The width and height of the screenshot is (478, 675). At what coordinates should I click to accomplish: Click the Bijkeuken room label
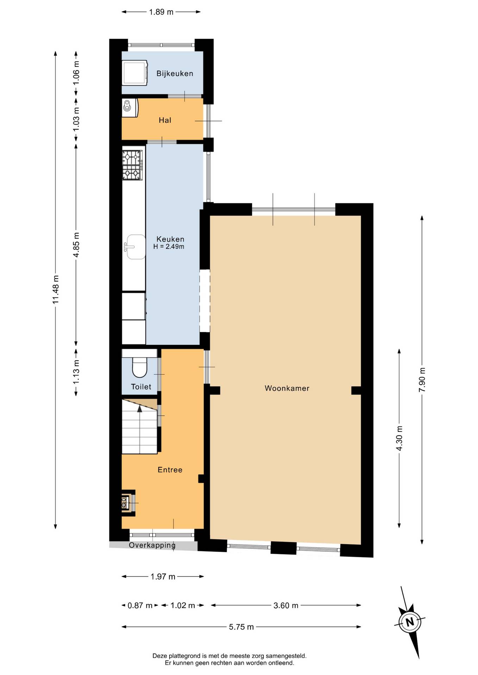click(x=175, y=73)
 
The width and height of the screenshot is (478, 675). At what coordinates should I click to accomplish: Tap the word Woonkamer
click(x=287, y=388)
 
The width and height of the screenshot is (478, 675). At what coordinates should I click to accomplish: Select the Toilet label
click(x=141, y=387)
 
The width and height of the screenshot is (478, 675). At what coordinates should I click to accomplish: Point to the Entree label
click(x=170, y=470)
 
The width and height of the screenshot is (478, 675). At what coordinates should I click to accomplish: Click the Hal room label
click(x=165, y=120)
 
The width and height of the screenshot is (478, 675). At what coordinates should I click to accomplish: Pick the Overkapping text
click(x=152, y=545)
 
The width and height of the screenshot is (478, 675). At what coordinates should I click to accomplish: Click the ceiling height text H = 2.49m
click(x=169, y=247)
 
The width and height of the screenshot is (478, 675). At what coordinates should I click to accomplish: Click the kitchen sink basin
click(x=136, y=247)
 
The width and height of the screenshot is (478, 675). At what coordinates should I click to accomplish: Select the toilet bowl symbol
click(x=139, y=367)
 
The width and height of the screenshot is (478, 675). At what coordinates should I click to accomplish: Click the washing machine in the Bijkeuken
click(x=134, y=73)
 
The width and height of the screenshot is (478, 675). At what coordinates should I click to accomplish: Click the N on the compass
click(x=409, y=622)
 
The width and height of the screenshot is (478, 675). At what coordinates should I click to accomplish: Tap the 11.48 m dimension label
click(x=56, y=290)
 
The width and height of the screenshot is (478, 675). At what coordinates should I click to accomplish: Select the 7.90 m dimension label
click(x=422, y=380)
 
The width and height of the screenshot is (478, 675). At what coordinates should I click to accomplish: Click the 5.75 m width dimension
click(x=241, y=627)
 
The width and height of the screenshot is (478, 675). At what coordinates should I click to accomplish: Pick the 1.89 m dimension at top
click(x=161, y=12)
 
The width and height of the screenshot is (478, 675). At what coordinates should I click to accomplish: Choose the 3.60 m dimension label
click(x=286, y=605)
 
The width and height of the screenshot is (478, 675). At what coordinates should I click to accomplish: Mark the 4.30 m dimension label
click(x=399, y=438)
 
